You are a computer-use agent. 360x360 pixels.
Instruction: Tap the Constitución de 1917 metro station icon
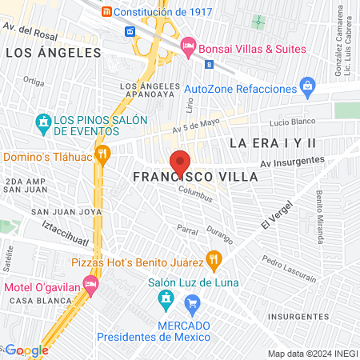pyautogui.click(x=106, y=12)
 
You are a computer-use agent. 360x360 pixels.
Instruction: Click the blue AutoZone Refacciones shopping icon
pyautogui.click(x=306, y=85)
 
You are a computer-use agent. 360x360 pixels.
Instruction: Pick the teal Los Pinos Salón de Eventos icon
pyautogui.click(x=43, y=123)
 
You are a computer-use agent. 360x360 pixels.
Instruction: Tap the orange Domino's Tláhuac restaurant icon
pyautogui.click(x=102, y=153)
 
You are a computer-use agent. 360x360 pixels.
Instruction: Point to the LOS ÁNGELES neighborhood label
pyautogui.click(x=54, y=53)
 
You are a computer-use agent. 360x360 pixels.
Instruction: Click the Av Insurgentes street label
pyautogui.click(x=292, y=162)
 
